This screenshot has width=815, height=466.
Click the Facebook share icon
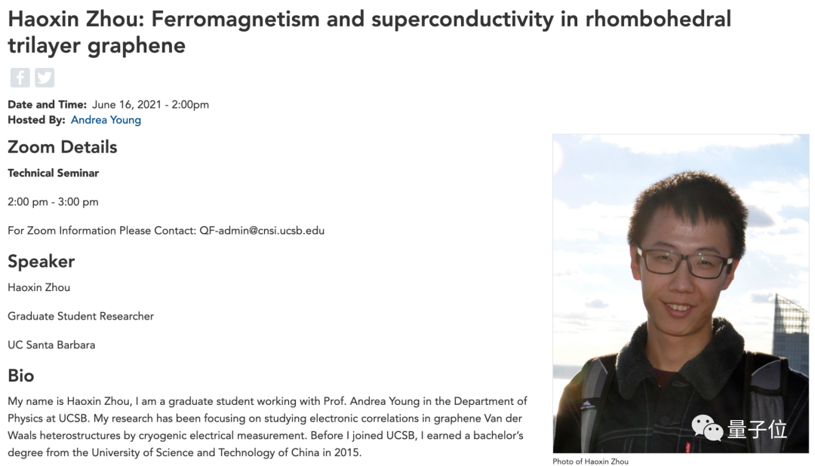[20, 78]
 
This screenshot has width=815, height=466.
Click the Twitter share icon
[45, 78]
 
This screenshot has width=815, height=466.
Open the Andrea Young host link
[106, 120]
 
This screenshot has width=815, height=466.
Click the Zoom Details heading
[63, 147]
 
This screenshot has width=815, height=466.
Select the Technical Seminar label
[53, 173]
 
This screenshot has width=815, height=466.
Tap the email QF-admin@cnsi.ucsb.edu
[262, 231]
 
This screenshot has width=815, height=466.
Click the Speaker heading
[41, 262]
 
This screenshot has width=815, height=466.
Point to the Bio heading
[21, 376]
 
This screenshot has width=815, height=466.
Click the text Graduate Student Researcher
[81, 317]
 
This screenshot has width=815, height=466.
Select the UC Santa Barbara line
[51, 345]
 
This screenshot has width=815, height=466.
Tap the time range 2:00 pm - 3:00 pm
[53, 202]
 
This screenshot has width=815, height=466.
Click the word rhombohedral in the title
[658, 19]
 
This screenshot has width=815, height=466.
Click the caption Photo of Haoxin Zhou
[590, 461]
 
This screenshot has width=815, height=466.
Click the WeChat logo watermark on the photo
[707, 428]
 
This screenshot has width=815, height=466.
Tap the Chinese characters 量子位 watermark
[757, 429]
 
